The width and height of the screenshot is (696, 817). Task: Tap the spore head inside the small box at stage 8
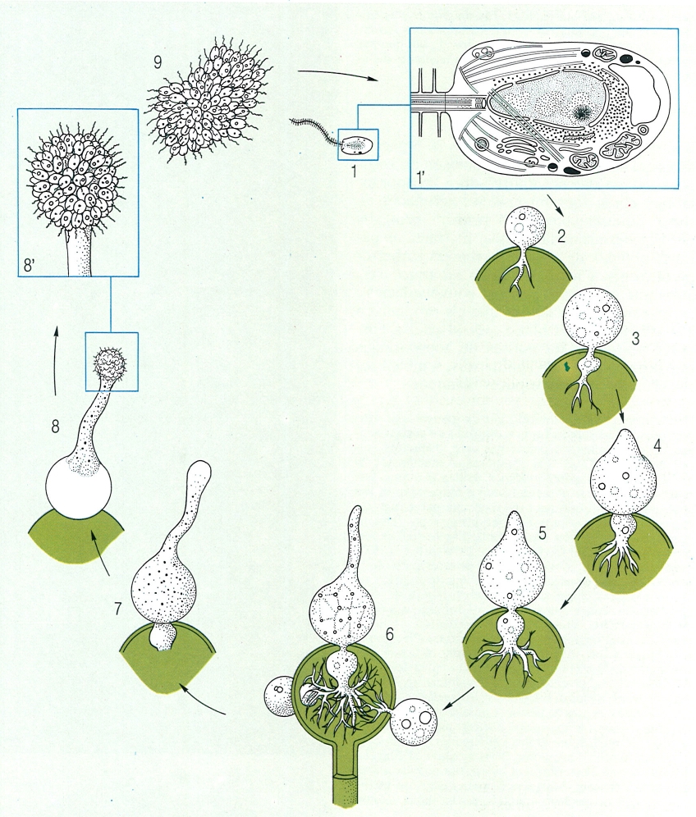(109, 359)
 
